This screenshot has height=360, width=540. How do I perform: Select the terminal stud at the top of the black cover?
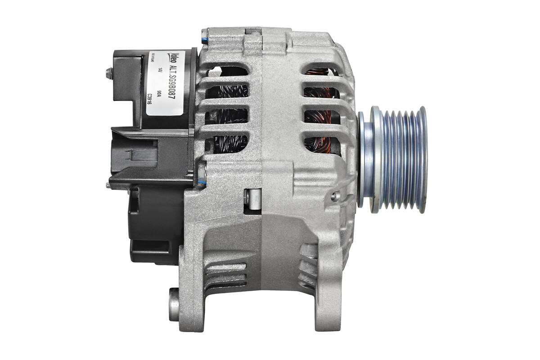coord(108,72)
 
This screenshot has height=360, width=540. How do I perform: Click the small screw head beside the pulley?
coord(335,196)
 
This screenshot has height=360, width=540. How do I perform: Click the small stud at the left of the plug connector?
coord(108,184)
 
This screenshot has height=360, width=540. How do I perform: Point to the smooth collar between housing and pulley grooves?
coord(366,160)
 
